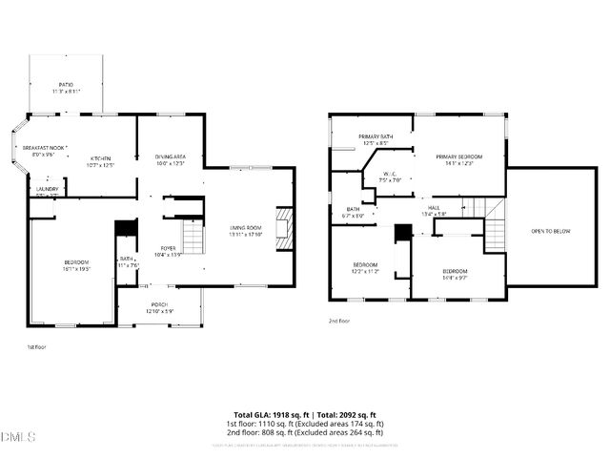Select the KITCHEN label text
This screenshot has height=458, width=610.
(x=101, y=160)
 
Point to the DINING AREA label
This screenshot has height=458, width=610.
(x=170, y=159)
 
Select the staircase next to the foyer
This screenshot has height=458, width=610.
(x=193, y=237)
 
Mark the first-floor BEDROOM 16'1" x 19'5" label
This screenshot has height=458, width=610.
(x=76, y=265)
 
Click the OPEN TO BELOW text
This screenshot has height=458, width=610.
(x=551, y=230)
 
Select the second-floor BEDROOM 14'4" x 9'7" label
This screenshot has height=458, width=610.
(x=455, y=274)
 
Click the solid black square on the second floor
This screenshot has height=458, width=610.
(x=402, y=232)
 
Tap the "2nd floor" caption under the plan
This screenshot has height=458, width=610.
(x=339, y=321)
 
